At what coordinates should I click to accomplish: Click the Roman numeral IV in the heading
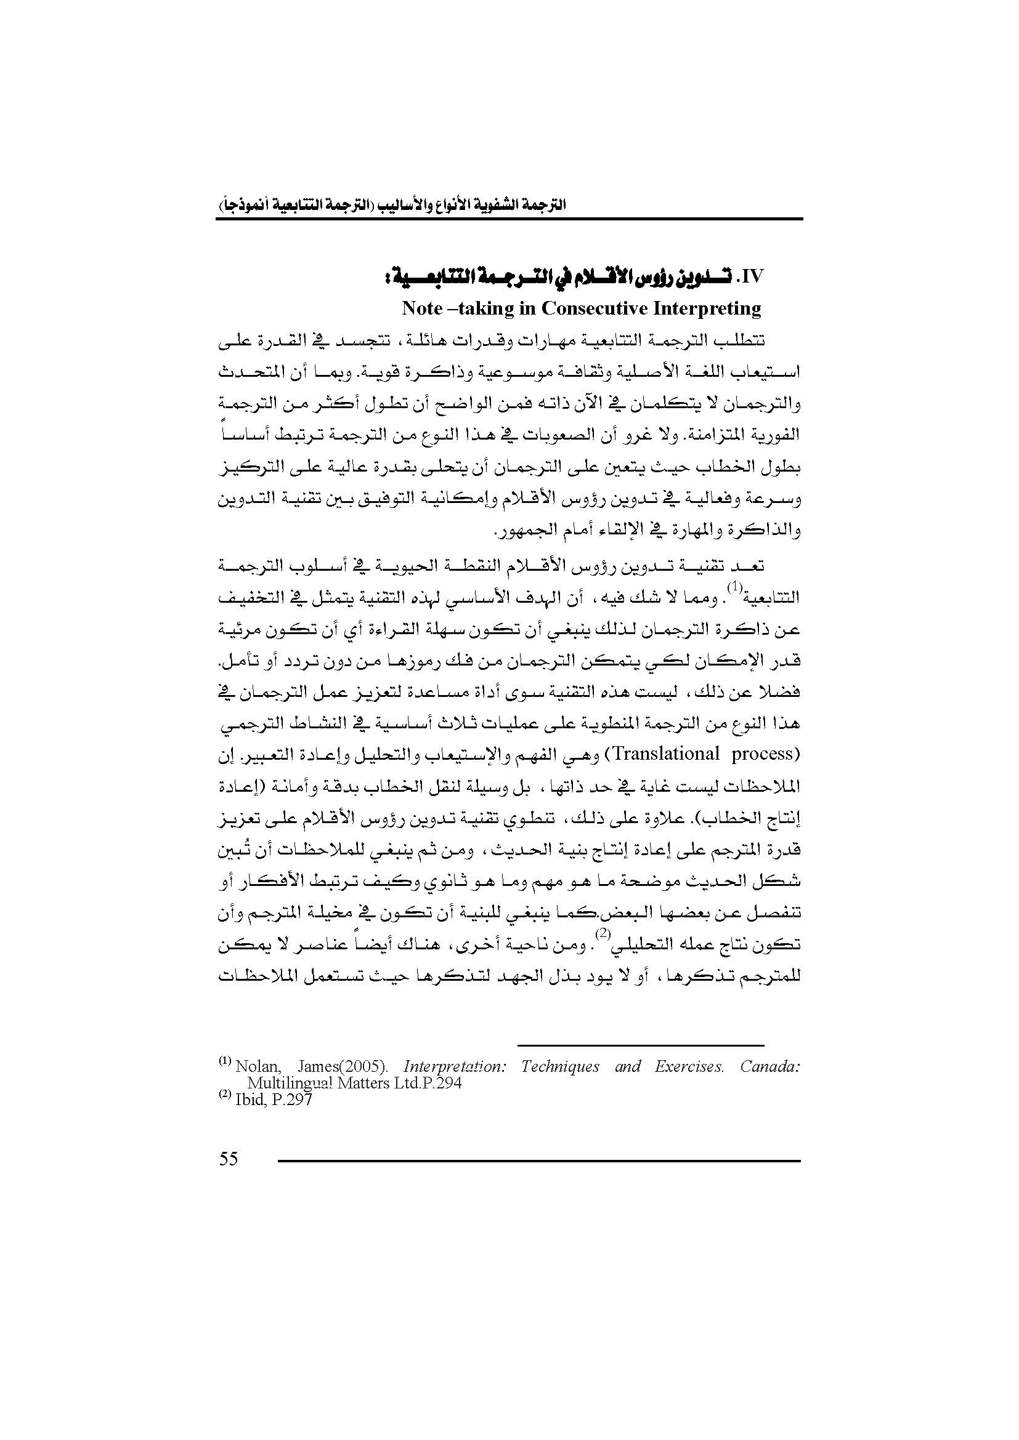751,277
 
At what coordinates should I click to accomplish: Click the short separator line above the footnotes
641,1045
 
